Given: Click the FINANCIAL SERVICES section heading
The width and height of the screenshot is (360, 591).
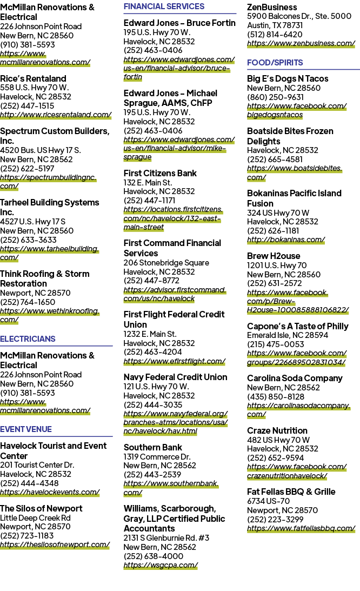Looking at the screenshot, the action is point(164,6).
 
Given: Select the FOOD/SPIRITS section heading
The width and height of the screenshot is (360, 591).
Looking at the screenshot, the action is point(275,63).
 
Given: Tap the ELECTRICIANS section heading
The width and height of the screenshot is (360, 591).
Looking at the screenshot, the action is point(28,339).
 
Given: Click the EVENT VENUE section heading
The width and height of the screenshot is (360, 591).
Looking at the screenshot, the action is point(26,429).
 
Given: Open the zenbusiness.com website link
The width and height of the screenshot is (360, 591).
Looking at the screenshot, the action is point(301,43).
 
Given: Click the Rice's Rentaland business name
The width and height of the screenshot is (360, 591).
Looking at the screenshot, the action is point(33,78).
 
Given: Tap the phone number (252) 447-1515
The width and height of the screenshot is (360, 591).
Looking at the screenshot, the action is point(27,106).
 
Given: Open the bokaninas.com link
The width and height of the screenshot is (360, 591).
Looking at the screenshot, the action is point(286,240).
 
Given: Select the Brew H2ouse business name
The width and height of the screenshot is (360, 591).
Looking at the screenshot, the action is point(274,256).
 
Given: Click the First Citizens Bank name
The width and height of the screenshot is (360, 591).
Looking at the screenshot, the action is point(160,173).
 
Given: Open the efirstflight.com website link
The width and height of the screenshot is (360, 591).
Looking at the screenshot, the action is point(175,361).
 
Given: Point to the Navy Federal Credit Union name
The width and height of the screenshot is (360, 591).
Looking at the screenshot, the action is point(175,377).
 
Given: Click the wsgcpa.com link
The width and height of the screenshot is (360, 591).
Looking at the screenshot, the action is point(161,566).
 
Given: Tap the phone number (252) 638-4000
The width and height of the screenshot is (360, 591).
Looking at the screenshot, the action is point(154,556).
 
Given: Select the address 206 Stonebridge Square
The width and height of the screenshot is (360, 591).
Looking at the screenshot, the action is point(166,263).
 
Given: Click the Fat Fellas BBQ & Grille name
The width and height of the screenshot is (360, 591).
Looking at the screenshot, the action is point(291,492).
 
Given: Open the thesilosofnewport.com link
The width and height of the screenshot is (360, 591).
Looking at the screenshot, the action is point(55,544).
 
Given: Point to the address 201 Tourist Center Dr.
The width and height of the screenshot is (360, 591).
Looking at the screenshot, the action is point(37,465).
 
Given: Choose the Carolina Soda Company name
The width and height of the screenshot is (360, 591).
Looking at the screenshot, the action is point(295,378).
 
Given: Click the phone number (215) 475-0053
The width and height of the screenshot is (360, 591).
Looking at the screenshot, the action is point(275,344).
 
